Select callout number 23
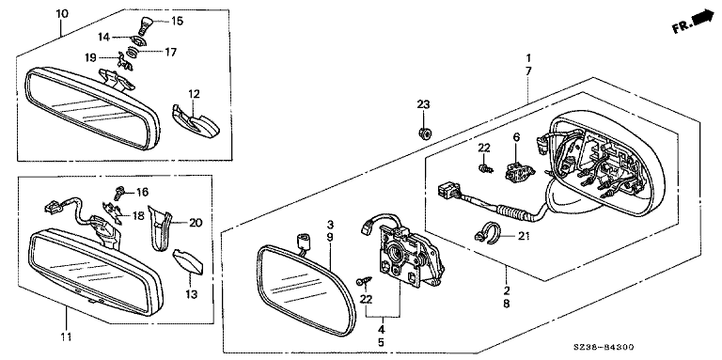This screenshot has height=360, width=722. click(x=423, y=104)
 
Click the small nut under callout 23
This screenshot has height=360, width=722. click(x=424, y=134)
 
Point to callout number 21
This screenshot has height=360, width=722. click(x=522, y=237)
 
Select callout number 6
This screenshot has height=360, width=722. click(x=516, y=136)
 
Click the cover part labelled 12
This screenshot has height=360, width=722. click(x=196, y=121)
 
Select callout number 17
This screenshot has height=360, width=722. click(x=170, y=53)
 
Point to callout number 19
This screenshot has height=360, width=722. click(x=90, y=57)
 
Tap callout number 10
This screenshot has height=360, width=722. click(x=62, y=13)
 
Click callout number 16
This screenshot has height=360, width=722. click(x=143, y=191)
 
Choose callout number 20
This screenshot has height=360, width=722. click(x=196, y=223)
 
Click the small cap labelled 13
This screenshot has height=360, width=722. click(x=188, y=261)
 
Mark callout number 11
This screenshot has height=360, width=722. click(x=66, y=337)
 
